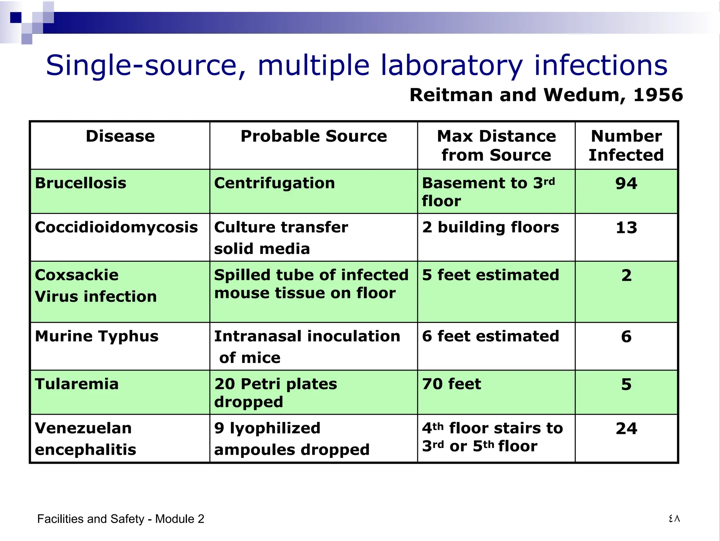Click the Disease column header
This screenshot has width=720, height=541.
click(x=120, y=136)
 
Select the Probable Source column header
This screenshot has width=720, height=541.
click(x=314, y=136)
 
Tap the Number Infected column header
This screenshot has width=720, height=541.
click(x=626, y=145)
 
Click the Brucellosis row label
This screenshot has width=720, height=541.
click(x=81, y=183)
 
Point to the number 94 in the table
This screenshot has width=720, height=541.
click(x=626, y=184)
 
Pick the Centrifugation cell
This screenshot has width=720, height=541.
click(x=275, y=183)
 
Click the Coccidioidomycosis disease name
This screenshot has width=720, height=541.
click(x=116, y=228)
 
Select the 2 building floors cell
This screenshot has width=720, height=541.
click(x=490, y=227)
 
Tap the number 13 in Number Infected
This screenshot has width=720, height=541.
click(x=626, y=228)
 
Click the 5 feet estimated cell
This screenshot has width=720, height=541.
click(x=490, y=275)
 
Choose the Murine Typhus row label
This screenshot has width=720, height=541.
click(x=97, y=337)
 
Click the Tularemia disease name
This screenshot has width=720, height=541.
click(x=77, y=384)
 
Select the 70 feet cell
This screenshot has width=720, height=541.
click(x=451, y=384)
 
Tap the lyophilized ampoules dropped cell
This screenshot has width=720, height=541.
click(x=292, y=439)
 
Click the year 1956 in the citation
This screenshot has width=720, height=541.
click(x=658, y=95)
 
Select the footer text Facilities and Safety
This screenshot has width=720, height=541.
click(x=91, y=519)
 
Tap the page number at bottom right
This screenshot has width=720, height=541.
click(x=674, y=519)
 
